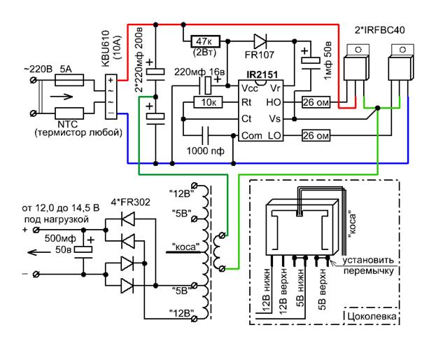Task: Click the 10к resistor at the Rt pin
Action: (207, 103)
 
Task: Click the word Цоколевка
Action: (372, 317)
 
